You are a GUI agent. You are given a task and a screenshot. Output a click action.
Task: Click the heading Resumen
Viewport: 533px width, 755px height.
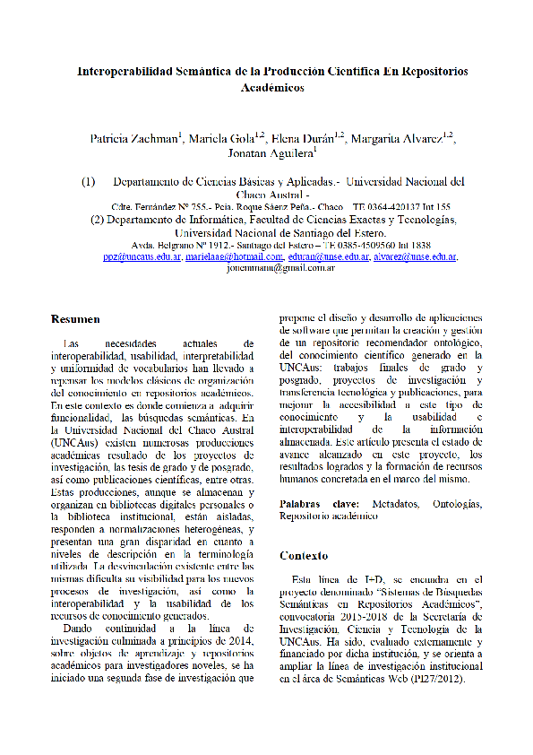click(x=75, y=319)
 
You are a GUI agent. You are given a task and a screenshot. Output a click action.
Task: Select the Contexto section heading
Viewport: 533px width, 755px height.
click(x=304, y=555)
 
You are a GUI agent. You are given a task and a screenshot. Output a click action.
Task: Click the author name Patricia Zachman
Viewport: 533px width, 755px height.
click(x=134, y=139)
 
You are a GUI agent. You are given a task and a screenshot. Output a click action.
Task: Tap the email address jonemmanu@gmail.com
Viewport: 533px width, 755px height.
click(x=281, y=267)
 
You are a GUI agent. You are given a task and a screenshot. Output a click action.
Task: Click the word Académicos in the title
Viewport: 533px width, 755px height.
click(x=273, y=88)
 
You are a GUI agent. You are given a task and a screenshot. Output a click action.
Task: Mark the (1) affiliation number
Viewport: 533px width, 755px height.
click(x=89, y=181)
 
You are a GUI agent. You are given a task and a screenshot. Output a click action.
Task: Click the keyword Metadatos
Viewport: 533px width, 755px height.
click(x=396, y=504)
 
